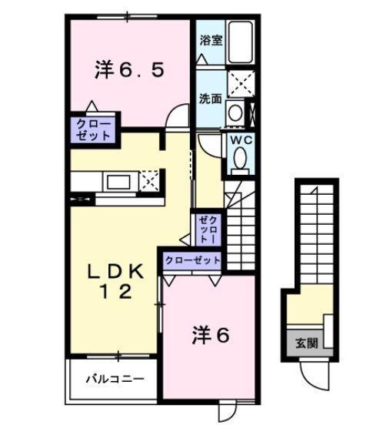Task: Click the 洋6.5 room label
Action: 128,70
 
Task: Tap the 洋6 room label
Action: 211,335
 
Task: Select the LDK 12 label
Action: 115,281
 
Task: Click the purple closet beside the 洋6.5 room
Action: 93,128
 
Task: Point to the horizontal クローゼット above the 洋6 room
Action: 191,260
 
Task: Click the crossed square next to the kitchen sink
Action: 150,182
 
